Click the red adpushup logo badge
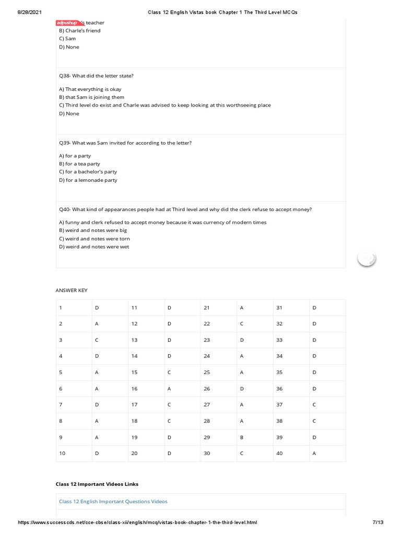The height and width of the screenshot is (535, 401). (x=67, y=23)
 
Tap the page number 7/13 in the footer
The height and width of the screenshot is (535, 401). (x=378, y=522)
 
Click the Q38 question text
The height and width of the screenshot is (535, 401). (x=97, y=76)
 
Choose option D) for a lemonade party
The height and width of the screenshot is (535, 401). (x=88, y=180)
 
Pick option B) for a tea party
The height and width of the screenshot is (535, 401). (x=79, y=164)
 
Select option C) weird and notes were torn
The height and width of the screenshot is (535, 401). (x=95, y=239)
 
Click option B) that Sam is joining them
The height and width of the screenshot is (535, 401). (x=92, y=97)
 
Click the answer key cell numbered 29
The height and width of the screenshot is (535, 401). (x=207, y=437)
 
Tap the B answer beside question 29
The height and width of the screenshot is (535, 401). (x=242, y=437)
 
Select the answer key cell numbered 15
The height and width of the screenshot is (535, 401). (x=135, y=373)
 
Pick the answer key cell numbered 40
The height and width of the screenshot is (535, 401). (x=279, y=453)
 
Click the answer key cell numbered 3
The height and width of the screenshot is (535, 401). (x=61, y=340)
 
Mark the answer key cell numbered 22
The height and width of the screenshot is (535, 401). (x=207, y=324)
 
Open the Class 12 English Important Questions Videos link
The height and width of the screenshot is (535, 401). (x=113, y=502)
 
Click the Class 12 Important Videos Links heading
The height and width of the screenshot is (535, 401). (x=97, y=484)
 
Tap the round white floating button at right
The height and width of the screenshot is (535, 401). (x=367, y=258)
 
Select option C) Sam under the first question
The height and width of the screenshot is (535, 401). (x=67, y=39)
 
